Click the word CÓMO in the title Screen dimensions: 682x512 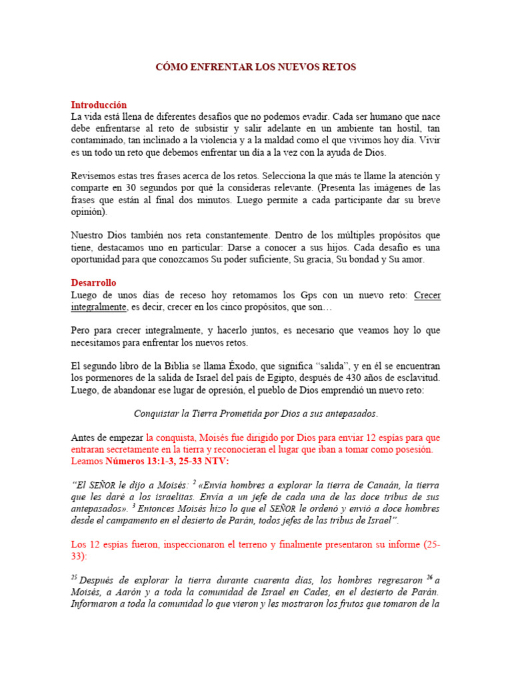click(x=170, y=67)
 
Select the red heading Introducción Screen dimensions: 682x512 click(x=99, y=105)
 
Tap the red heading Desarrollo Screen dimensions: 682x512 click(x=93, y=283)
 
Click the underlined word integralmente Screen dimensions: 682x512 click(x=99, y=307)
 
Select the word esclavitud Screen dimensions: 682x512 click(x=417, y=378)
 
